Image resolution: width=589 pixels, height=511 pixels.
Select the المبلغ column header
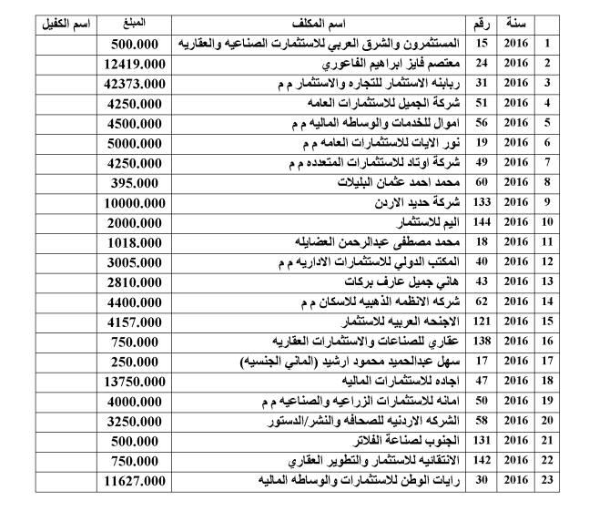[136, 20]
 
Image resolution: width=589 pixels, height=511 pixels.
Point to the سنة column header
[517, 20]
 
